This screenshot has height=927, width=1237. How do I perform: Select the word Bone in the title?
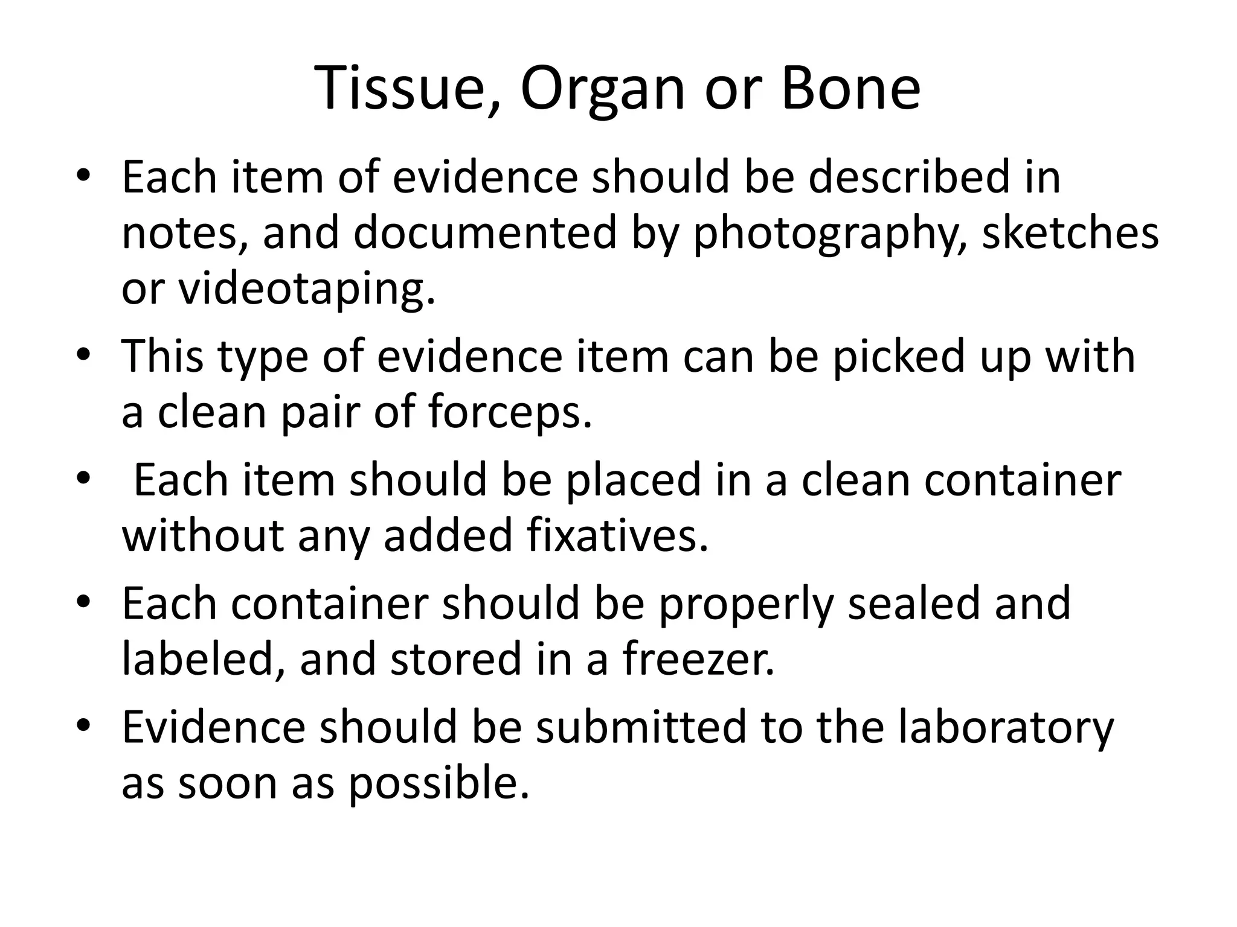pos(850,89)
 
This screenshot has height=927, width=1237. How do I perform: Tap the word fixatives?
pos(617,536)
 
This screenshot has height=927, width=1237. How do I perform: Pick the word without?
pos(203,536)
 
